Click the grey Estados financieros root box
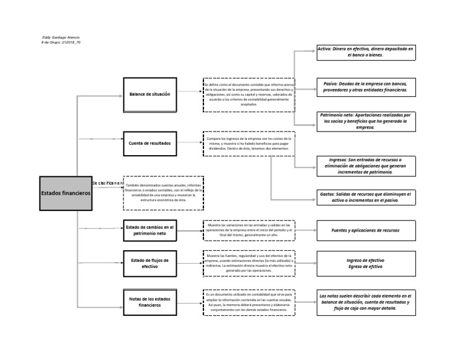tap(65, 193)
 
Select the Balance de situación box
tap(150, 95)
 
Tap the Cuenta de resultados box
tap(150, 144)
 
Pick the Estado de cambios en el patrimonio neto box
tap(150, 230)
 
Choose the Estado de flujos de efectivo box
tap(150, 263)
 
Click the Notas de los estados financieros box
tap(150, 302)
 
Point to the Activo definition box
tap(365, 52)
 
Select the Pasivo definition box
tap(365, 86)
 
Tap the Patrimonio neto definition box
tap(365, 121)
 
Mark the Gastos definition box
tap(365, 198)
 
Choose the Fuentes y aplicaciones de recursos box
tap(365, 230)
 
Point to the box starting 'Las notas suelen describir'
tap(365, 302)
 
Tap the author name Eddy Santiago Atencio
tap(57, 38)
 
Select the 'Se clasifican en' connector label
tap(107, 182)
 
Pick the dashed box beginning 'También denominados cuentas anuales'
tap(163, 193)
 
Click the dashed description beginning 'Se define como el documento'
tap(249, 95)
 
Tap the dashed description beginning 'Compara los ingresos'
tap(249, 144)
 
